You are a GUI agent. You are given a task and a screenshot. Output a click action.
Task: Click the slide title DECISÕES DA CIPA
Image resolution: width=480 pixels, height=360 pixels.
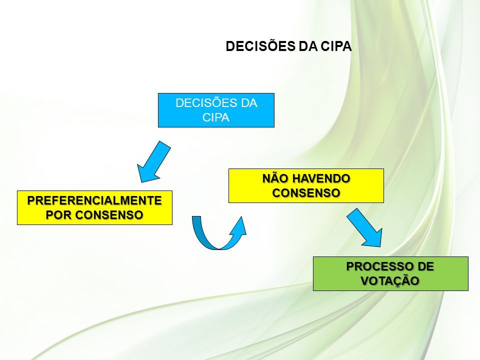coord(288,46)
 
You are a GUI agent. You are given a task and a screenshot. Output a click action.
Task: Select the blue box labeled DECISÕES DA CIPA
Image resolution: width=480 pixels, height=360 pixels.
coord(216,110)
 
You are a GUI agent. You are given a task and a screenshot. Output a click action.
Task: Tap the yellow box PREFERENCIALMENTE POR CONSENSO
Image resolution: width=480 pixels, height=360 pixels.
coord(94,208)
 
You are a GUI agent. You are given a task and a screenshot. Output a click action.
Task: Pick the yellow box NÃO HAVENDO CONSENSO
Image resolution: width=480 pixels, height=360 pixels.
coord(306,185)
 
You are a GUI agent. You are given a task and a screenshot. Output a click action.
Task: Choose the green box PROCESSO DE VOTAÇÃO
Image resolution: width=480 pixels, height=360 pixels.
coord(390,273)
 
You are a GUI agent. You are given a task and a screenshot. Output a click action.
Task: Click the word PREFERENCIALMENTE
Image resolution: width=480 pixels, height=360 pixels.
coord(94,200)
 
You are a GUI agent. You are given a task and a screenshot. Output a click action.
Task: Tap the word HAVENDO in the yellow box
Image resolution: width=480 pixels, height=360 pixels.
coord(321,178)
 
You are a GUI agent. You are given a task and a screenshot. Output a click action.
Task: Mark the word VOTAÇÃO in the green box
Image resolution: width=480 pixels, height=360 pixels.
coord(390,280)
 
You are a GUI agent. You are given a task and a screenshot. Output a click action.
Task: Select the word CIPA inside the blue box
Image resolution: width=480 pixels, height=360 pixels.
coord(216,117)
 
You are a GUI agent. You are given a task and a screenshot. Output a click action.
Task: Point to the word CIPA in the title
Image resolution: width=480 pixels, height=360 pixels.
coord(336,46)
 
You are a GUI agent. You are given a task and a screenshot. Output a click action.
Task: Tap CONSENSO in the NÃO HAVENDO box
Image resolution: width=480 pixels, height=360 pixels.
coord(306,193)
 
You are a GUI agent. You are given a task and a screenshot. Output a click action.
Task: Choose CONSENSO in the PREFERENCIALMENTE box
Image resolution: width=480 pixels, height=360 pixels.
coord(109,215)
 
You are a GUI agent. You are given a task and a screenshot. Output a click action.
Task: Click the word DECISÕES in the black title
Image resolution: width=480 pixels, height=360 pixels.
coord(260,46)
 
